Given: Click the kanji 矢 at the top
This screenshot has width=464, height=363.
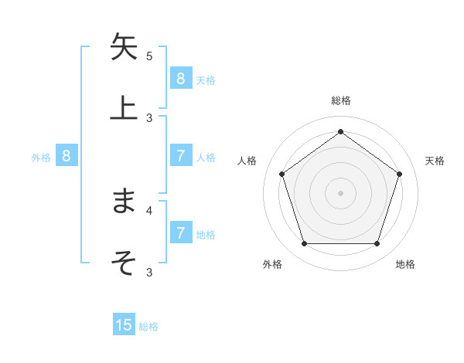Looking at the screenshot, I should (x=124, y=46).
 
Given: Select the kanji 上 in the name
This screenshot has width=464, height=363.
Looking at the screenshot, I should (x=124, y=107).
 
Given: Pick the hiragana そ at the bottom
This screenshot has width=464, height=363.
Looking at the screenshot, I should (x=124, y=262).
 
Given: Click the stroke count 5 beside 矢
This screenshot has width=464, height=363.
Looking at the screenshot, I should (x=149, y=56).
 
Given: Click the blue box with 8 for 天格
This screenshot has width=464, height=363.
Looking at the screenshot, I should (x=180, y=78).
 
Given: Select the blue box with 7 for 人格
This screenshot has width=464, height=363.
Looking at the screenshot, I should (x=180, y=156).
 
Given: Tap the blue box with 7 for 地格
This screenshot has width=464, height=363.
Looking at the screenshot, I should (x=180, y=232).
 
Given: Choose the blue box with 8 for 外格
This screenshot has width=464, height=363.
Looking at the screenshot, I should (x=67, y=156).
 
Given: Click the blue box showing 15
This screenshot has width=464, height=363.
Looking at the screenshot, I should (x=124, y=325).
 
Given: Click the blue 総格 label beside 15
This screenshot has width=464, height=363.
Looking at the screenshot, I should (x=148, y=327).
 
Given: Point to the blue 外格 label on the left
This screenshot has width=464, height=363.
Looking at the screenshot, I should (x=41, y=157).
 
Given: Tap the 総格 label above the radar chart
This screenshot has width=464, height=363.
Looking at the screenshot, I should (x=340, y=100).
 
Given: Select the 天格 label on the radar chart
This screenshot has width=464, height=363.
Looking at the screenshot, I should (x=435, y=161).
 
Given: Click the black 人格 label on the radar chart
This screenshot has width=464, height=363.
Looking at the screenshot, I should (x=247, y=161).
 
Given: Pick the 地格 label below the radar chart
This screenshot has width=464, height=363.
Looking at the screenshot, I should (x=405, y=264).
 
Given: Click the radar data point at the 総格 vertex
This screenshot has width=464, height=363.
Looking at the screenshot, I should (x=340, y=131).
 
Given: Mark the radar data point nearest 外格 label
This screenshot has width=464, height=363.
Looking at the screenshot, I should (x=304, y=244).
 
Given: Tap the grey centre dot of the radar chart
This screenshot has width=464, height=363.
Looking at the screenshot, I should (x=340, y=193).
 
